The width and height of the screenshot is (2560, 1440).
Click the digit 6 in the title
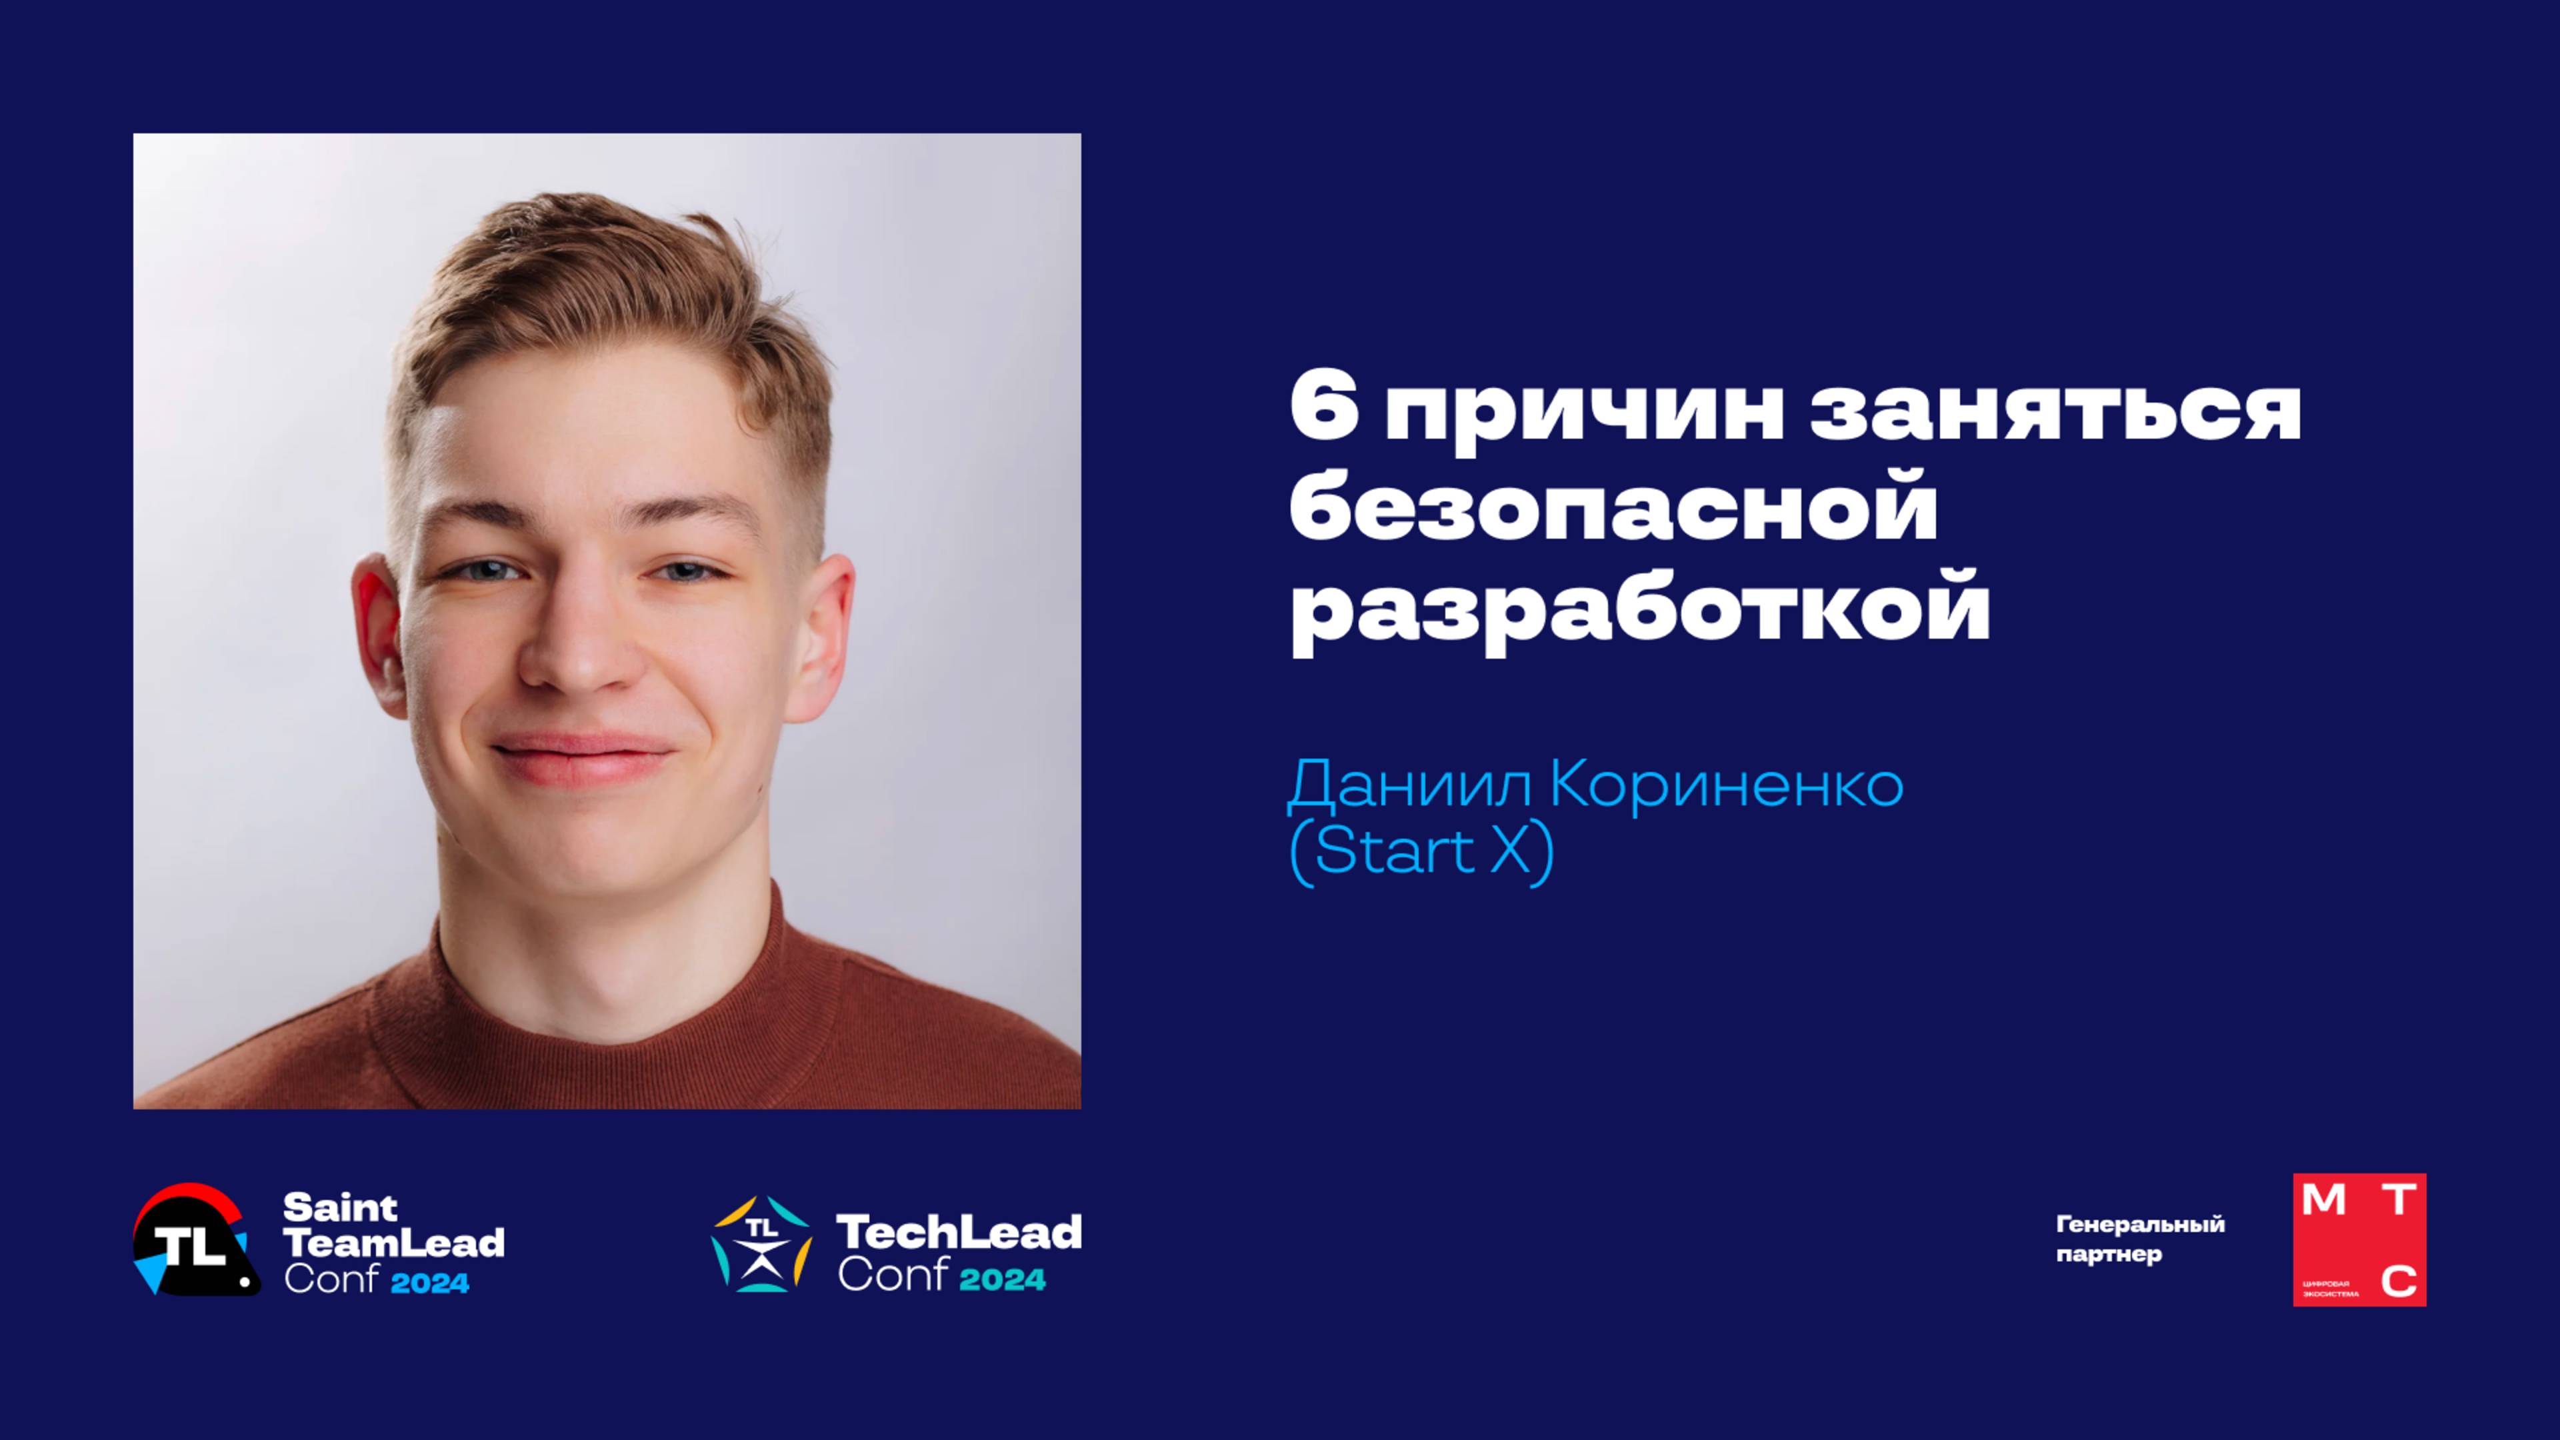tap(1325, 411)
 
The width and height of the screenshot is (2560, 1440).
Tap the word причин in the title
tap(1586, 415)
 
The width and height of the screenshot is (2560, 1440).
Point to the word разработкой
tap(1640, 614)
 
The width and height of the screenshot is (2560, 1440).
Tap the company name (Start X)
tap(1421, 852)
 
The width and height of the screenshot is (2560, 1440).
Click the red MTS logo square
tap(2359, 1239)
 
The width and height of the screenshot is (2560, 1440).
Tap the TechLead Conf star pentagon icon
tap(761, 1244)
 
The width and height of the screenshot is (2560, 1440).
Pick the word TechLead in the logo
tap(959, 1232)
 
